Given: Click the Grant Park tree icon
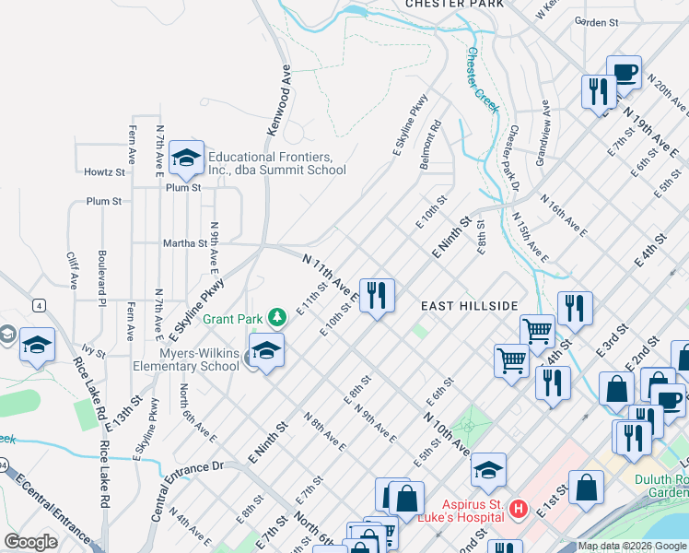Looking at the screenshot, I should pos(277,318).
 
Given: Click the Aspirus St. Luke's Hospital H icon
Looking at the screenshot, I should pos(519,509).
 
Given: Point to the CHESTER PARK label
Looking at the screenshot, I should pos(455,5).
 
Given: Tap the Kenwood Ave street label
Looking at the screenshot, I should pos(279,100).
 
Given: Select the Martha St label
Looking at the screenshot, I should pos(184,243).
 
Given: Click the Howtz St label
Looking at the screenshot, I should pos(104,172).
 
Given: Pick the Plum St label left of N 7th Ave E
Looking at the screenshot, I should pos(103,201).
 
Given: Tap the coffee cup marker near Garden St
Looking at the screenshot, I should pos(624,72).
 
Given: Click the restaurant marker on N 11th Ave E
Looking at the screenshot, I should pos(377,296).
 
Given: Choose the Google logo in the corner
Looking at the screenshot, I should pos(31,542).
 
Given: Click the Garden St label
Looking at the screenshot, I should pos(594,21).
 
